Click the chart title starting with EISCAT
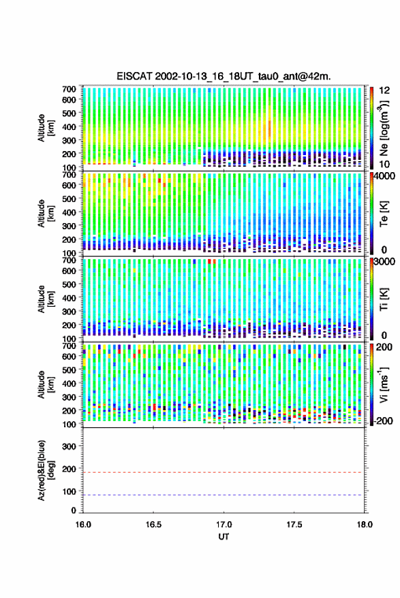(224, 76)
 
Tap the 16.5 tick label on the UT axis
(153, 525)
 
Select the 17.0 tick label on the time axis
(224, 525)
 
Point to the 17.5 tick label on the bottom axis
(294, 525)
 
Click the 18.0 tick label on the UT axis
(365, 525)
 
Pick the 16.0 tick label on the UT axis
(83, 525)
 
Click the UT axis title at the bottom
(224, 537)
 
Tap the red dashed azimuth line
(224, 473)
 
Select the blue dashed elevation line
(224, 495)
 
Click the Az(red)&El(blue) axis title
(46, 471)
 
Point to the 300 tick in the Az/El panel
(69, 446)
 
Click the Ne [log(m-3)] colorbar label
(384, 128)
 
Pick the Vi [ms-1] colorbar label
(384, 384)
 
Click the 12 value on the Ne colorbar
(384, 90)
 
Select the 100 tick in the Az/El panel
(69, 492)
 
